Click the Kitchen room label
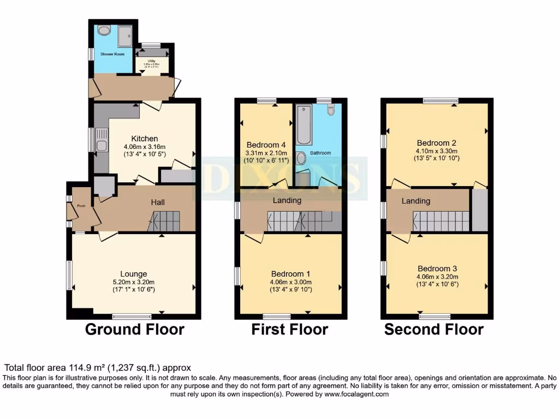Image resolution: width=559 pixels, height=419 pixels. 145,139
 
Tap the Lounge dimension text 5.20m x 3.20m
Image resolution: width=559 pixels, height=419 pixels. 134,282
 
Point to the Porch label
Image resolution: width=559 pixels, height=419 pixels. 81,206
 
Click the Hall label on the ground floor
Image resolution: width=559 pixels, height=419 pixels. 158,202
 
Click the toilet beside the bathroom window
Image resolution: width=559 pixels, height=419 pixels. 331,111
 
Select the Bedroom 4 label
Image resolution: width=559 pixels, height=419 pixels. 266,145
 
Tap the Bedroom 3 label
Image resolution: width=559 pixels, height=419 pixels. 437,268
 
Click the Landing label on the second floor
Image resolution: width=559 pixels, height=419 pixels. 417,201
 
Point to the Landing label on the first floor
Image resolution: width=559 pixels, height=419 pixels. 287,200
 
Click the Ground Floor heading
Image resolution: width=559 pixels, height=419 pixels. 135,330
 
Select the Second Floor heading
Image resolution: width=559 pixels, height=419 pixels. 433,330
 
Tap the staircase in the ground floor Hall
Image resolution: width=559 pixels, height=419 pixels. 164,222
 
